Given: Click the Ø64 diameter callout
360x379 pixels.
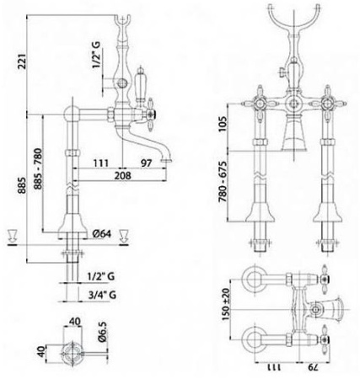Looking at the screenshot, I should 102,232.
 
